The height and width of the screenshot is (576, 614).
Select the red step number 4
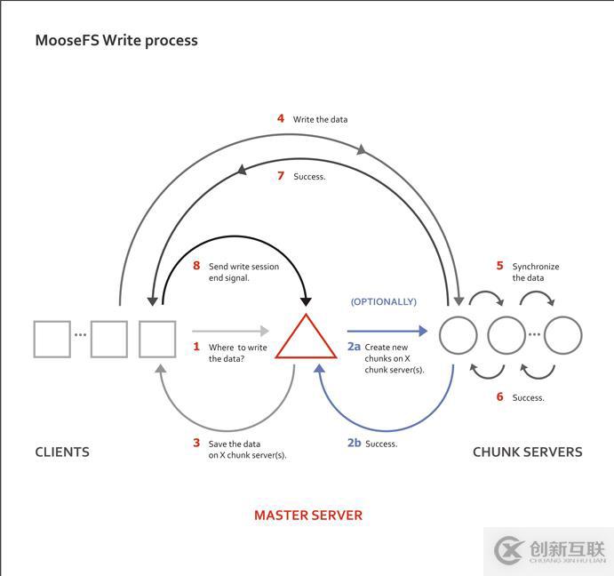click(281, 118)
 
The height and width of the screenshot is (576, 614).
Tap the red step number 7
click(281, 176)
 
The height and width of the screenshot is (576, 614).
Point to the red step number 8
click(196, 266)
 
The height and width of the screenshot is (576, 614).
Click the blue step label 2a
click(354, 347)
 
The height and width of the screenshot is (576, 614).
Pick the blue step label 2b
click(354, 443)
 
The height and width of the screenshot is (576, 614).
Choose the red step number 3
click(196, 443)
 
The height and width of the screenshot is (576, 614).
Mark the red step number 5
click(499, 266)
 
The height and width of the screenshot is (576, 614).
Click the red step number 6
click(499, 397)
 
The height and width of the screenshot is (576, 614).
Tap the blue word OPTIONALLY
click(384, 301)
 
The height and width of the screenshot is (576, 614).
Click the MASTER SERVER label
click(308, 515)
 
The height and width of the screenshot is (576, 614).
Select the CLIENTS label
click(62, 452)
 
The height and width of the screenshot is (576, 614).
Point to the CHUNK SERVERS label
click(528, 452)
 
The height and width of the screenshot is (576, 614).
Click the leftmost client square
click(52, 339)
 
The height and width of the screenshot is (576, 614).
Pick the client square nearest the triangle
click(157, 339)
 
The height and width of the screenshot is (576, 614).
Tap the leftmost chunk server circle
click(459, 336)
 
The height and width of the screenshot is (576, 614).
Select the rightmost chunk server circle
click(563, 336)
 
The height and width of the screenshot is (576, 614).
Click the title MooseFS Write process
click(116, 40)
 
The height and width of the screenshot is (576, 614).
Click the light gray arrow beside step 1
click(230, 331)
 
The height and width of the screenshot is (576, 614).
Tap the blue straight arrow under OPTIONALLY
click(387, 331)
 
